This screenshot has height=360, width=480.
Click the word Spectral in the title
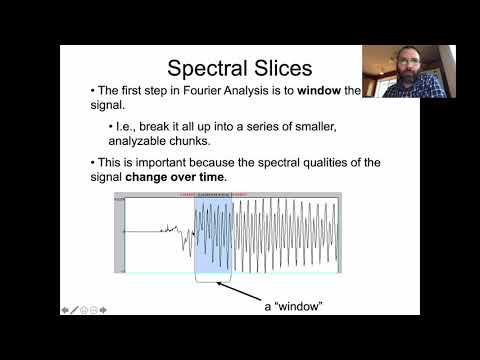[203, 68]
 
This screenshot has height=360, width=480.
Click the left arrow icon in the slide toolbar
[66, 309]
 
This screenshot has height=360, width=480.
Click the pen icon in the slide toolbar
[75, 309]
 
